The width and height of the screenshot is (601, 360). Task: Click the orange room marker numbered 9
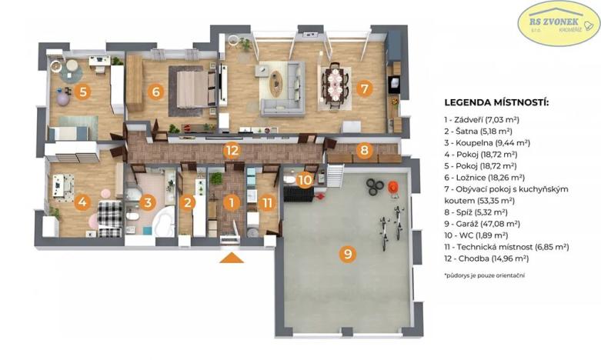tap(348, 254)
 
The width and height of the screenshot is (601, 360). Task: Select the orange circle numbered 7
tap(364, 88)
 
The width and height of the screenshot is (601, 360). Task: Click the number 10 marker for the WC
tap(306, 180)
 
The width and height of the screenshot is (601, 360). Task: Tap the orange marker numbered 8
tap(364, 150)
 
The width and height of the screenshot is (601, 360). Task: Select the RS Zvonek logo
tap(558, 23)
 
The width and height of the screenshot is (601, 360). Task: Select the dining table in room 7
tap(335, 82)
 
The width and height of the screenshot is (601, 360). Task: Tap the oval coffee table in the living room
tap(276, 78)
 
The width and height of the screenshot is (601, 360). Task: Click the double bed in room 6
tap(190, 87)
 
